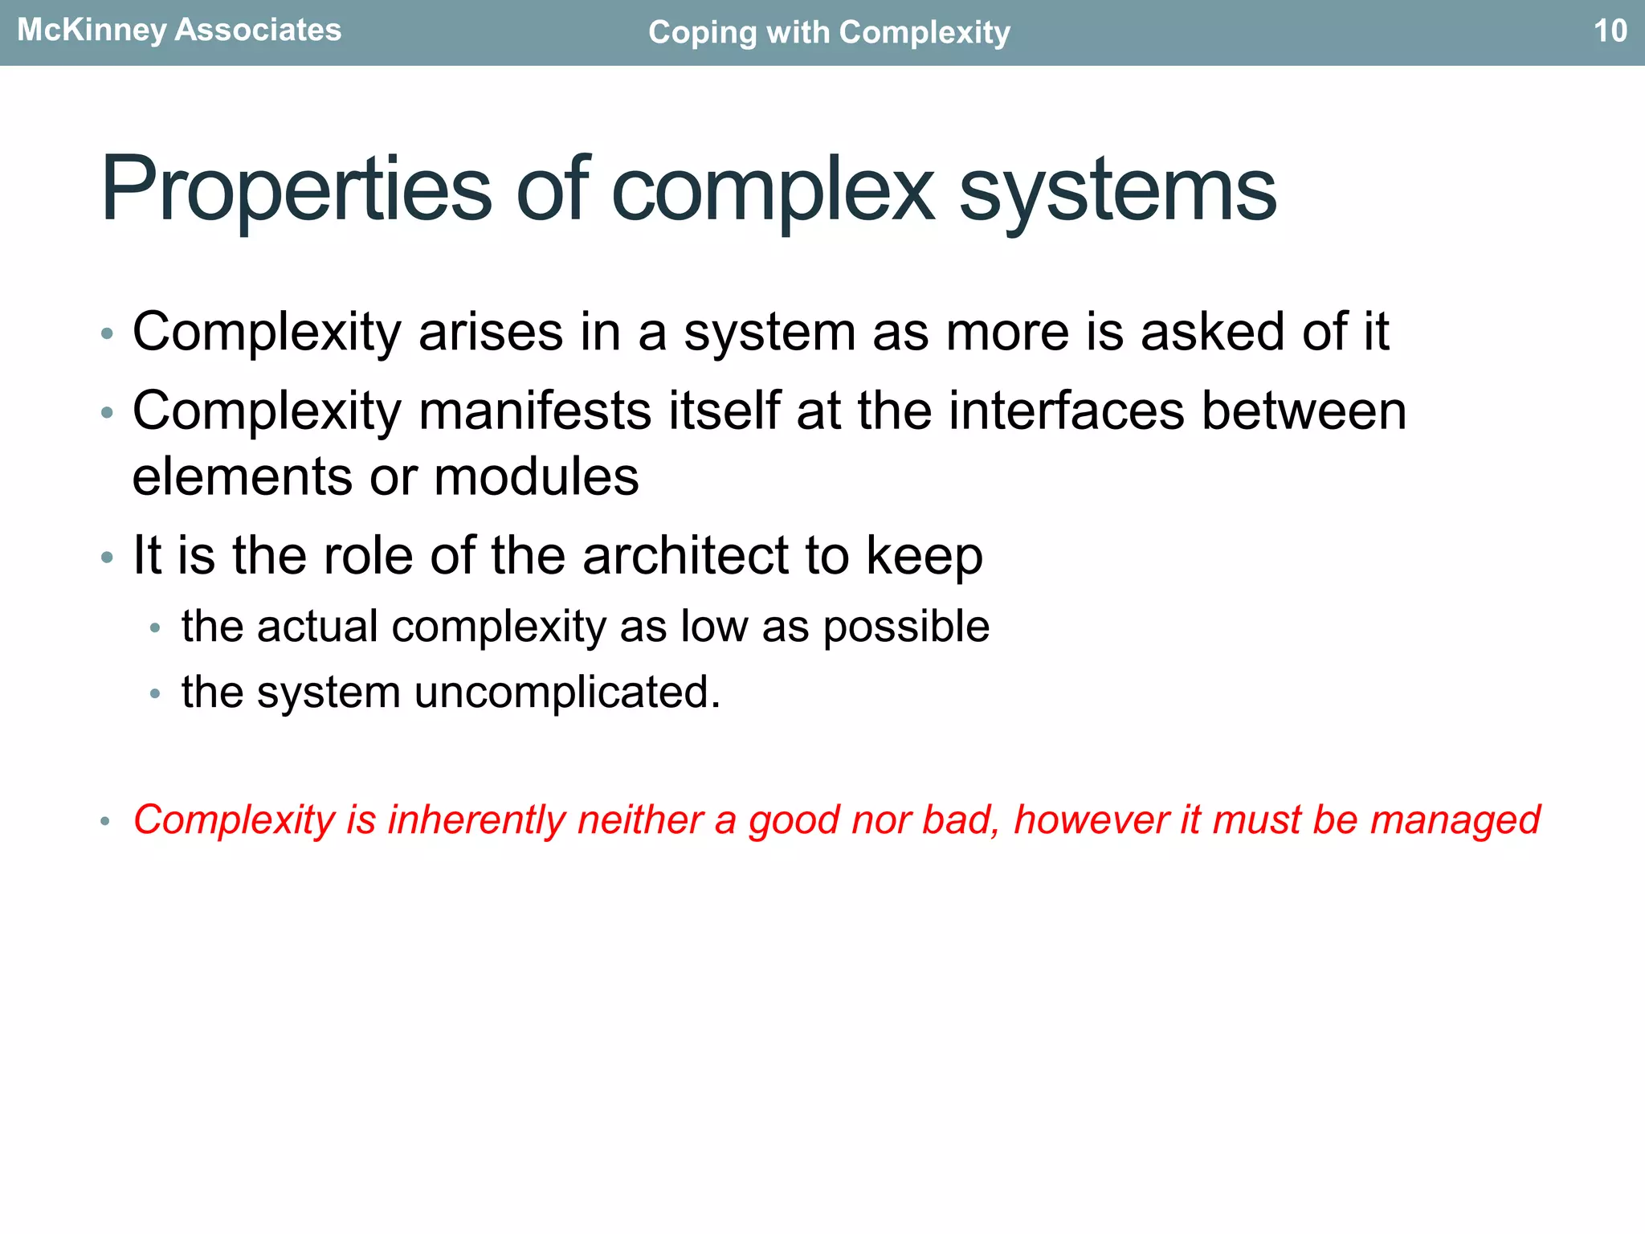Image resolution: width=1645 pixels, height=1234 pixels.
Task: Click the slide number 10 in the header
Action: [1610, 31]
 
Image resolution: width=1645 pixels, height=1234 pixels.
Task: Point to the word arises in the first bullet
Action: [491, 331]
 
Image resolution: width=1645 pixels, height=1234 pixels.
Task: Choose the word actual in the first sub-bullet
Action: [317, 626]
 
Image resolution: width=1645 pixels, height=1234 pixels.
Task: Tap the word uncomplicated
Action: [567, 692]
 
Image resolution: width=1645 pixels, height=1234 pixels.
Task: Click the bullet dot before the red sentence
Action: [104, 821]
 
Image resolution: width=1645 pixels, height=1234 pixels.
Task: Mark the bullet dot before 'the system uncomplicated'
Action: [155, 693]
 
